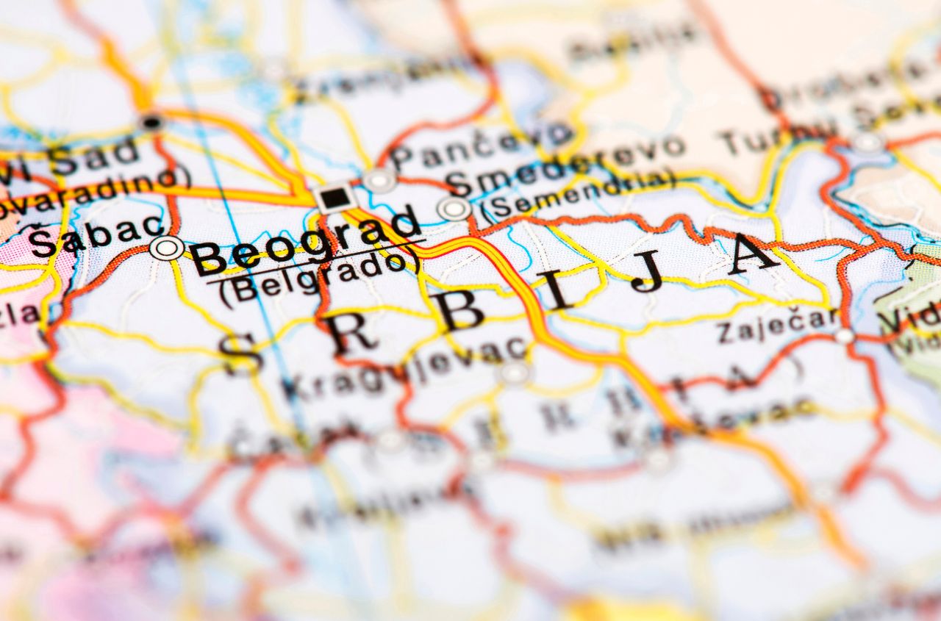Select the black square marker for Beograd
[335, 197]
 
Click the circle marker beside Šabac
[167, 248]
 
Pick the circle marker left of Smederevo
[454, 209]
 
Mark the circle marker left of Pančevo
[379, 180]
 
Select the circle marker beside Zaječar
[845, 336]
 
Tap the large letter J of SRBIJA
[648, 272]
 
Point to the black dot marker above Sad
[151, 123]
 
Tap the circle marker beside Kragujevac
[515, 373]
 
